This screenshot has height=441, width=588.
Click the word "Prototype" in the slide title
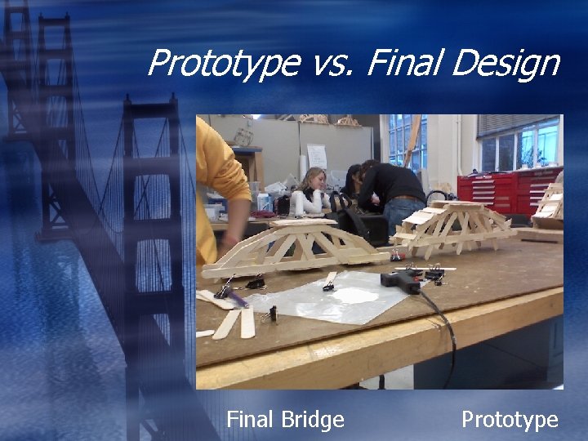click(x=223, y=63)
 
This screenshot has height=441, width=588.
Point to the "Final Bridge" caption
click(x=285, y=420)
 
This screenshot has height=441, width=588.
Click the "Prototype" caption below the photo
click(x=510, y=420)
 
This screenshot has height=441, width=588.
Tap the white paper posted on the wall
click(x=317, y=156)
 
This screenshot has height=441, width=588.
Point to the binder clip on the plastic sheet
click(x=328, y=283)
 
